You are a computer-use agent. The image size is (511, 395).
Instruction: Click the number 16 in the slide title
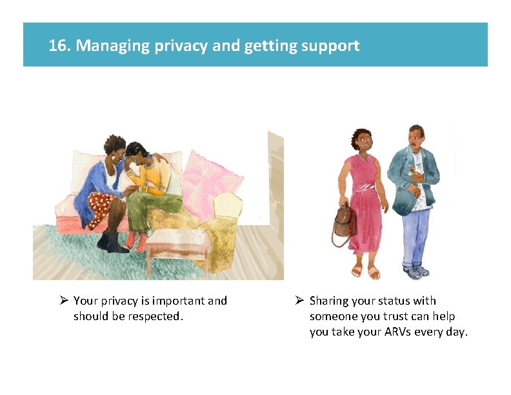click(59, 46)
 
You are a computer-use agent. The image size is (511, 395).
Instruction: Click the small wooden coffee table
click(176, 245)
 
